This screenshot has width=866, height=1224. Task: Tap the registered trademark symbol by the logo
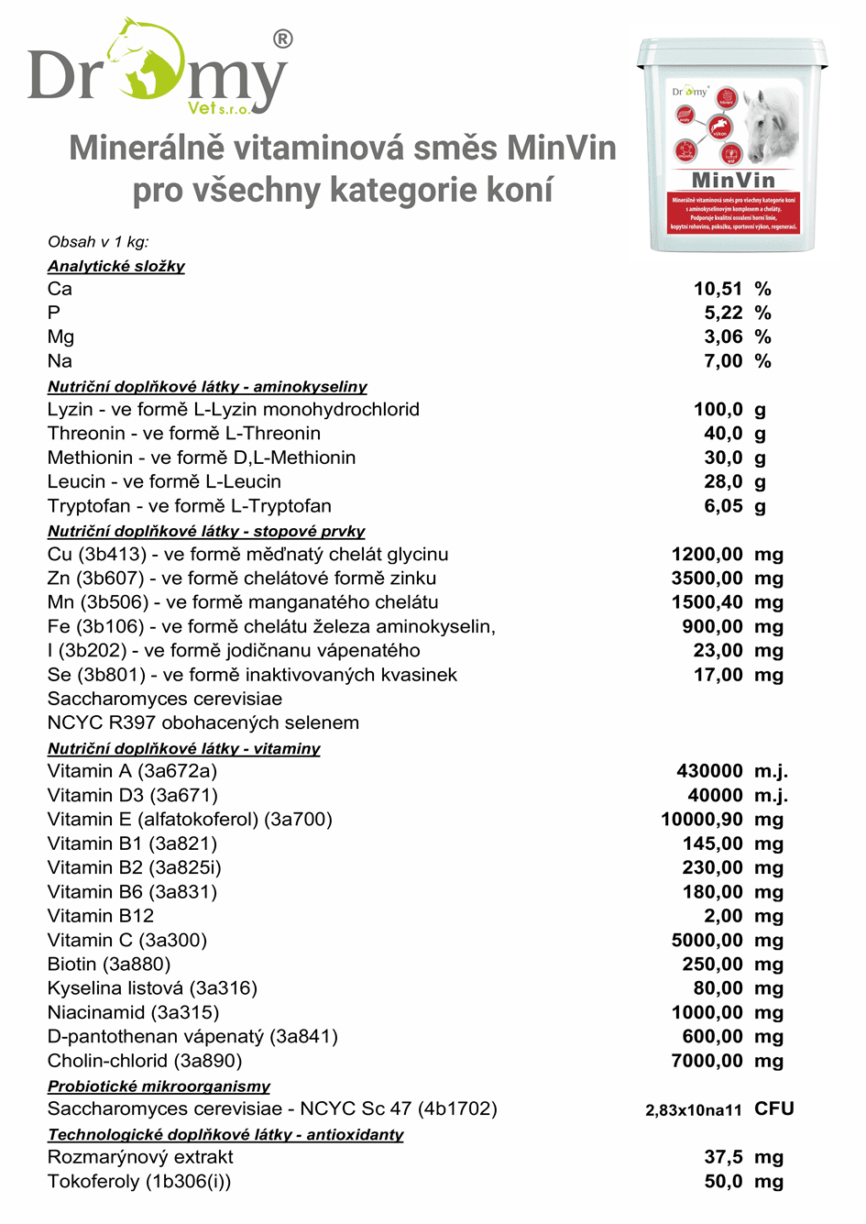pyautogui.click(x=283, y=39)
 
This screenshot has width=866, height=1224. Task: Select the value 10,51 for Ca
pyautogui.click(x=718, y=289)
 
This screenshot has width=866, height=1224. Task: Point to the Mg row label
pyautogui.click(x=60, y=336)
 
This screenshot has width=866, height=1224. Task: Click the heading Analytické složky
pyautogui.click(x=116, y=266)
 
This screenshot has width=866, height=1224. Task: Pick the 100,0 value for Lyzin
pyautogui.click(x=718, y=409)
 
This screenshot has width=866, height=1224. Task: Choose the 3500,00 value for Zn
pyautogui.click(x=707, y=578)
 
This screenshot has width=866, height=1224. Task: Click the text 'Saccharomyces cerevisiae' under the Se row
pyautogui.click(x=165, y=699)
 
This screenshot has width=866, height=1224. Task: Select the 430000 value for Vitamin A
pyautogui.click(x=709, y=771)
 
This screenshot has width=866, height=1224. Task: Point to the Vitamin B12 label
pyautogui.click(x=101, y=915)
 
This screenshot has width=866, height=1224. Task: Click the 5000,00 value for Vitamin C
pyautogui.click(x=707, y=940)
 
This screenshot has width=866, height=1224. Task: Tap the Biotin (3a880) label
pyautogui.click(x=109, y=964)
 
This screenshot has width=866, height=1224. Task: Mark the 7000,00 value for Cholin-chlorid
pyautogui.click(x=707, y=1061)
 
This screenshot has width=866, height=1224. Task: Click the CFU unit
pyautogui.click(x=774, y=1108)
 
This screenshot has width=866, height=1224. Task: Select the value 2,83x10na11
pyautogui.click(x=694, y=1110)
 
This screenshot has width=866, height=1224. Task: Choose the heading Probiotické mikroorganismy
pyautogui.click(x=159, y=1086)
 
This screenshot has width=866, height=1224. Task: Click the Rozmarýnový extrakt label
pyautogui.click(x=140, y=1157)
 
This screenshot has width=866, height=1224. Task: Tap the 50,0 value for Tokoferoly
pyautogui.click(x=723, y=1181)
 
